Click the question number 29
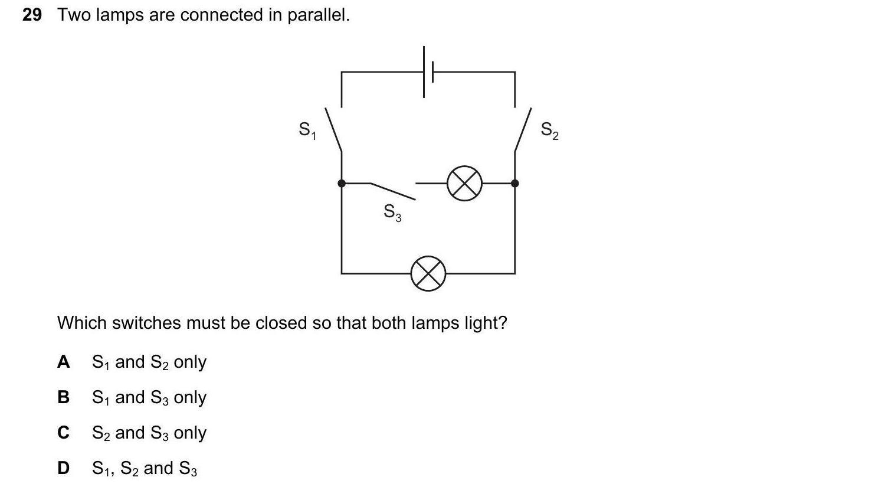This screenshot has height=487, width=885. [32, 15]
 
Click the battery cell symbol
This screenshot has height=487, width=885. [428, 72]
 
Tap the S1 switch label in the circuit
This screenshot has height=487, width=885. [307, 130]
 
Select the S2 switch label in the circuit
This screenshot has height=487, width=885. [549, 130]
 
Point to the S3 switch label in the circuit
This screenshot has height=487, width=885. [392, 212]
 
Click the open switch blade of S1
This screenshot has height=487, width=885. [333, 130]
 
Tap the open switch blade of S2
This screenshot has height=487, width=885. [523, 130]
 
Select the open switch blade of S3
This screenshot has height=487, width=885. [393, 191]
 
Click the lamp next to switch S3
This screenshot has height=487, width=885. [464, 184]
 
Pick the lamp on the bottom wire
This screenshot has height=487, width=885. [428, 273]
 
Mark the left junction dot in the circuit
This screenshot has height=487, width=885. [342, 184]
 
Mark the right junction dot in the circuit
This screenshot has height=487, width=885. [515, 184]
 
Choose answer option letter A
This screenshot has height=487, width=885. [63, 362]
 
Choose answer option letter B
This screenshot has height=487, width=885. [63, 397]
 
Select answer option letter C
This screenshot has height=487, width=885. [63, 433]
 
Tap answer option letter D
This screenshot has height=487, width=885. [63, 468]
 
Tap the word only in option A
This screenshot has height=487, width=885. [190, 362]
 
